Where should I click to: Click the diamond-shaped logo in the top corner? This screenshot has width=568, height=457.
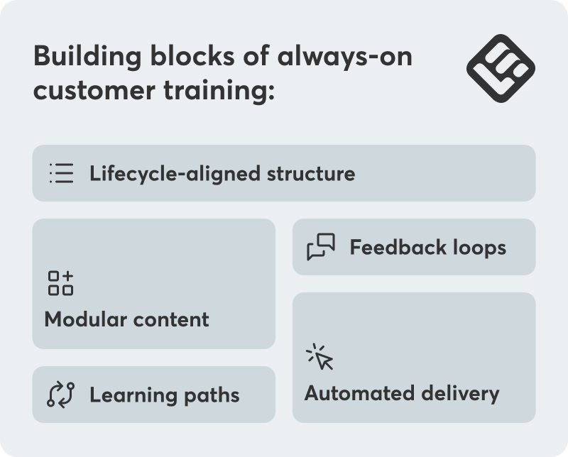[x=501, y=68]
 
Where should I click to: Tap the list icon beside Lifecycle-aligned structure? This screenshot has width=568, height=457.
[x=61, y=173]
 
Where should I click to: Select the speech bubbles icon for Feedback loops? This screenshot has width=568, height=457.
[x=321, y=247]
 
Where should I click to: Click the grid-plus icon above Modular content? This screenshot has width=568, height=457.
[x=60, y=282]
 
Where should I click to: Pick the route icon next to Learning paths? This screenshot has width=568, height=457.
[x=61, y=395]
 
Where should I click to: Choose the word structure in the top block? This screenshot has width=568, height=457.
[x=312, y=173]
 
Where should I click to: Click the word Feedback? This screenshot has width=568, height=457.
[x=398, y=247]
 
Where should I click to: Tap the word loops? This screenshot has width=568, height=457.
[x=479, y=247]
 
